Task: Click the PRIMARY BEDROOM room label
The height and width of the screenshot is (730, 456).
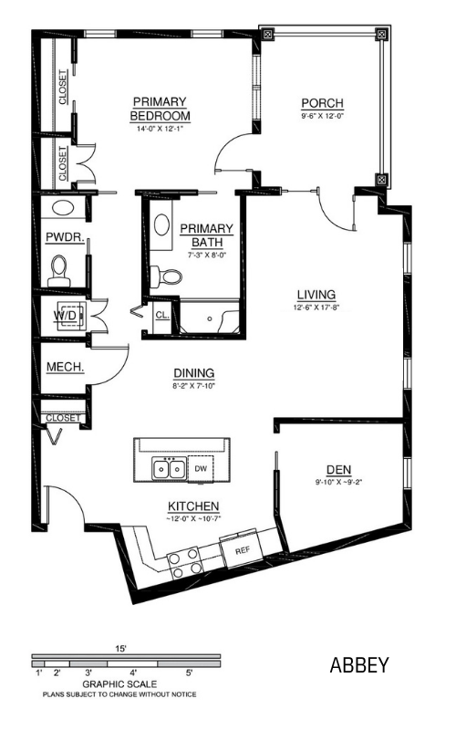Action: coord(161,109)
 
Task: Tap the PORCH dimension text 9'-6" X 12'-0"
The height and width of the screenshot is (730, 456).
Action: coord(322,116)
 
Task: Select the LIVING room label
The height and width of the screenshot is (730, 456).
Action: coord(316,295)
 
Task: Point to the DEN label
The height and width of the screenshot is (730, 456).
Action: coord(338,470)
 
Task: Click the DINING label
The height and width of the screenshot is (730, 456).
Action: coord(194,373)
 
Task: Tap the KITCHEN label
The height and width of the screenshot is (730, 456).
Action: coord(193,506)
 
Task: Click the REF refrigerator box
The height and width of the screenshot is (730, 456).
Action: coord(242,551)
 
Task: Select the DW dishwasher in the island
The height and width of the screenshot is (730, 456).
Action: coord(201,469)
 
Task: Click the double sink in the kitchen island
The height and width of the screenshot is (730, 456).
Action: coord(169,468)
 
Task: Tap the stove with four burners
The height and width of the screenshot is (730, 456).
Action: coord(185,562)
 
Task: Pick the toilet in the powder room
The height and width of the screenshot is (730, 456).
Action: coord(59,270)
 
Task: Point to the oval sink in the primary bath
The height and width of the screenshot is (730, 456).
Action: coord(162,224)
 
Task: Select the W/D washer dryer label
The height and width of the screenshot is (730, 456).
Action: coord(65,316)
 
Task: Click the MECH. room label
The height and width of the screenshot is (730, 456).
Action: coord(65,368)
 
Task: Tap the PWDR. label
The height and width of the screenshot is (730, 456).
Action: coord(65,237)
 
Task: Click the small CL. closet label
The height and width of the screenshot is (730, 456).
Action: coord(162,315)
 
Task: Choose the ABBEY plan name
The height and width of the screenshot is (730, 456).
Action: coord(359,665)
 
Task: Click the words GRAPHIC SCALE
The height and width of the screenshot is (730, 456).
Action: coord(119,683)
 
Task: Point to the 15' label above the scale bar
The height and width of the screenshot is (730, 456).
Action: coord(121,649)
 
